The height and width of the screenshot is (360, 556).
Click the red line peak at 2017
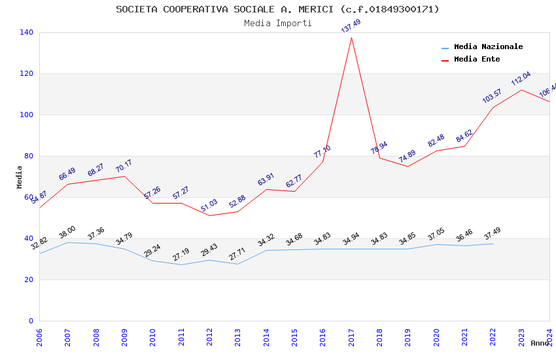click(x=351, y=37)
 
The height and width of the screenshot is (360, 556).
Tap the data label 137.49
click(x=351, y=26)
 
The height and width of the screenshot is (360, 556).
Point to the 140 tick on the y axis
click(x=27, y=32)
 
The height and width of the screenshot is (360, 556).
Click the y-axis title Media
click(x=20, y=177)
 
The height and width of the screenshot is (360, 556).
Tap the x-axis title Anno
click(x=540, y=343)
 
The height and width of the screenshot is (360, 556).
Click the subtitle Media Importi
click(x=278, y=24)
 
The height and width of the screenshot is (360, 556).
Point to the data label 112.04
click(x=521, y=79)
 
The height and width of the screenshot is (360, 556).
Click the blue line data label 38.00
click(x=67, y=232)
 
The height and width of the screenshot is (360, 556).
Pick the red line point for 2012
click(x=210, y=215)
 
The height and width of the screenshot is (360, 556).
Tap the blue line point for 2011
click(x=181, y=264)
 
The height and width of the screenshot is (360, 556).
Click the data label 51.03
click(x=209, y=205)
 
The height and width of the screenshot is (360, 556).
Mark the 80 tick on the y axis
click(x=29, y=156)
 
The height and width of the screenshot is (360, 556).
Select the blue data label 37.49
click(x=493, y=233)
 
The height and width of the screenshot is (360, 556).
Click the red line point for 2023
click(x=521, y=90)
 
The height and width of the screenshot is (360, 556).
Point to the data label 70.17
click(x=124, y=166)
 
